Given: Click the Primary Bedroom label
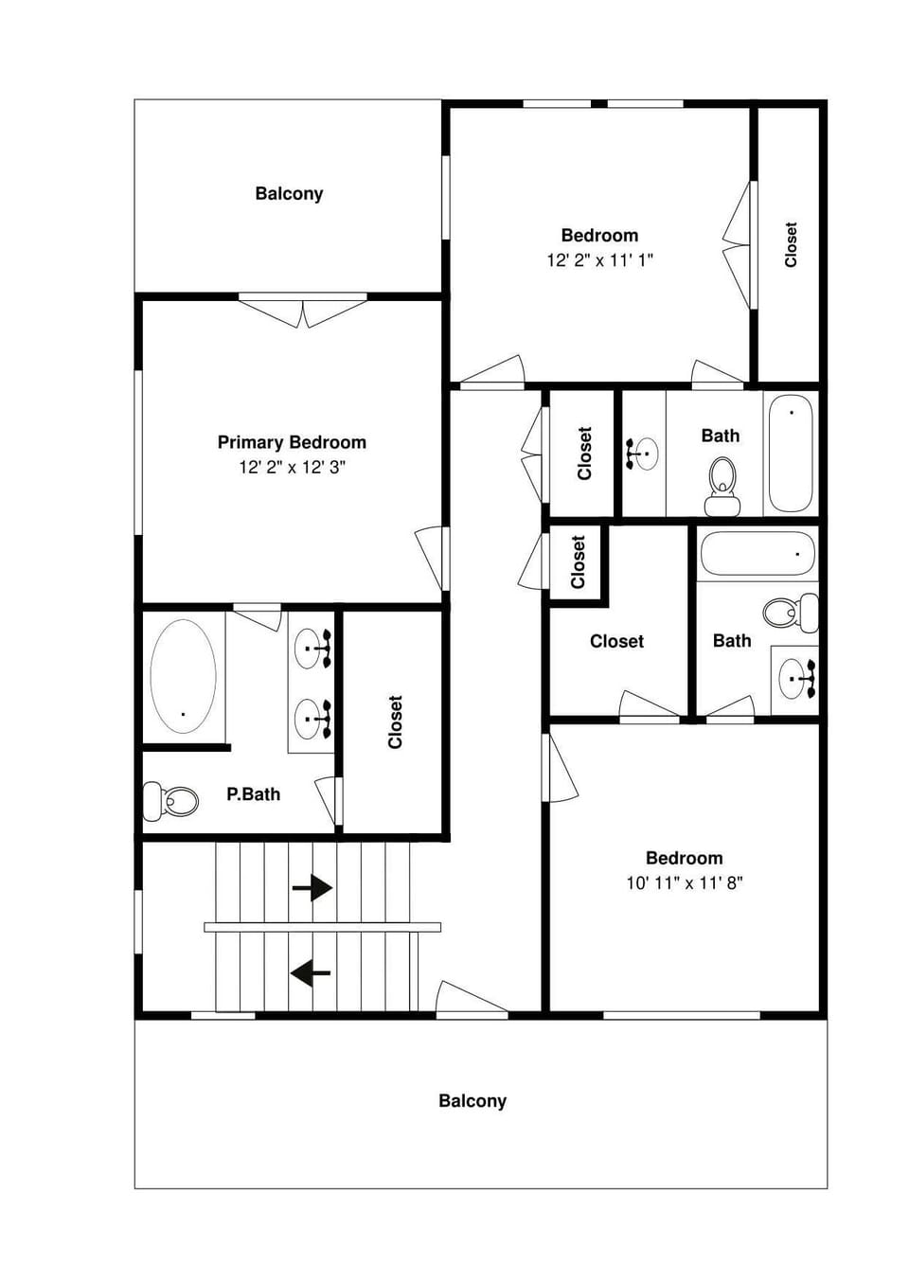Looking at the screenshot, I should pyautogui.click(x=292, y=442).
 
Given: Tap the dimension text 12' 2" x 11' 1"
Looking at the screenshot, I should pyautogui.click(x=599, y=260).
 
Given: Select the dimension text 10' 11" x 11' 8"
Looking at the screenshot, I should pyautogui.click(x=684, y=883).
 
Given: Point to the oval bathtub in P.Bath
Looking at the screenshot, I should pyautogui.click(x=183, y=675).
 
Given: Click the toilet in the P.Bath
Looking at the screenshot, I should pyautogui.click(x=171, y=801).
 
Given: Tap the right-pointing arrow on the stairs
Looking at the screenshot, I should pyautogui.click(x=312, y=888).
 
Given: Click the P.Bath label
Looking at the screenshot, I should pyautogui.click(x=253, y=794).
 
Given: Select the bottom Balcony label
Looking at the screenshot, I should pyautogui.click(x=472, y=1101).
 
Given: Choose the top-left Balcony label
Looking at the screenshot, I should pyautogui.click(x=289, y=194).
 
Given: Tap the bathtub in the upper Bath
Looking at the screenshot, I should pyautogui.click(x=790, y=453).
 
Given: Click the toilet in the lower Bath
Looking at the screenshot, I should pyautogui.click(x=791, y=613).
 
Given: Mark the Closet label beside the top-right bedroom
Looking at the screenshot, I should pyautogui.click(x=791, y=244).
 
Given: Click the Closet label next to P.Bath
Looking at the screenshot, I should pyautogui.click(x=395, y=721).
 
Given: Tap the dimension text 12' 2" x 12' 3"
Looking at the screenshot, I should pyautogui.click(x=292, y=467).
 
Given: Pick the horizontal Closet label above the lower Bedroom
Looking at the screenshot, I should pyautogui.click(x=616, y=641).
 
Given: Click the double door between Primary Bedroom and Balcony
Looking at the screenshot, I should pyautogui.click(x=302, y=312).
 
